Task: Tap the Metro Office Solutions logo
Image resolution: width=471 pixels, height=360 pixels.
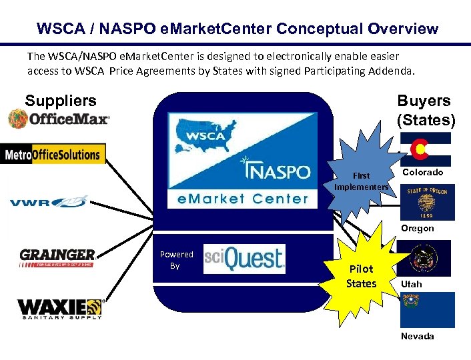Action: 53,155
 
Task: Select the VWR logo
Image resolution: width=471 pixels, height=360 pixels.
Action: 48,201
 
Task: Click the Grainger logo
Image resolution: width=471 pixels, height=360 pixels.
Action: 57,257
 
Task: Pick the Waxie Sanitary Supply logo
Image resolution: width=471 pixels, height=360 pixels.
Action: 59,309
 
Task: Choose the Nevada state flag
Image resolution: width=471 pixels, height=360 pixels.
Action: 427,309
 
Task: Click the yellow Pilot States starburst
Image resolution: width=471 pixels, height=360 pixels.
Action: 361,274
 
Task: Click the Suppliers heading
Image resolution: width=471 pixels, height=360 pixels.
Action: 61,101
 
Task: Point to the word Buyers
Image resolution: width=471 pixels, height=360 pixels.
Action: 424,101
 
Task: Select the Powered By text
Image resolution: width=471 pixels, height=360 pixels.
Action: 176,260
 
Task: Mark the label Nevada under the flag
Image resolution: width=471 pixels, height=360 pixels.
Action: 417,336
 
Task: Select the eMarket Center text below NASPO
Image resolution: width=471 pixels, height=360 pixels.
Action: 243,198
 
